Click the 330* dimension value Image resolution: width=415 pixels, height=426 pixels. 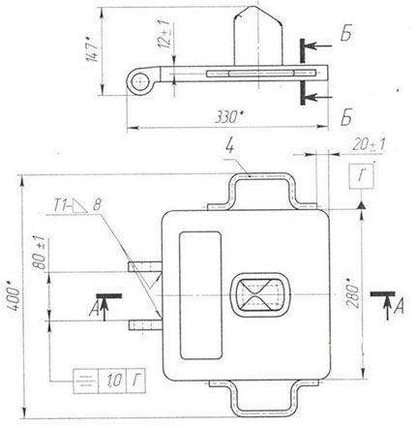pos(228,117)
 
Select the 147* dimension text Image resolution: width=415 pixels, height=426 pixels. pos(92,49)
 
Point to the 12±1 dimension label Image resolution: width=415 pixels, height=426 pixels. pos(163,34)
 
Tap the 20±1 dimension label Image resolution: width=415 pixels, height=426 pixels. pos(369,145)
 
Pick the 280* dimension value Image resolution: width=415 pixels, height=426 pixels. pos(352,292)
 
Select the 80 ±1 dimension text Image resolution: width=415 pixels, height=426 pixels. pos(39,254)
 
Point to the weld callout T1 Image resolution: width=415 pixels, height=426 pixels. pos(61,205)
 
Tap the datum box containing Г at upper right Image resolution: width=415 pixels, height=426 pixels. pos(361,176)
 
